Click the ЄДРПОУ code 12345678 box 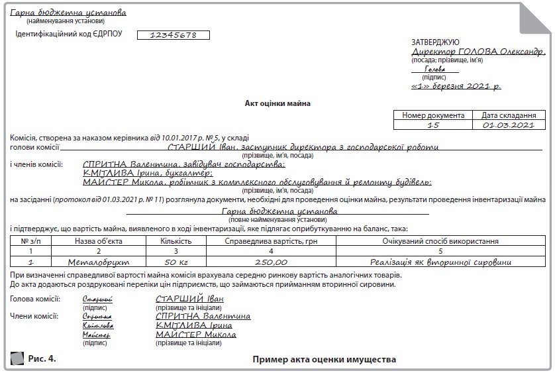point(173,35)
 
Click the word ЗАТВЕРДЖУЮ point(435,42)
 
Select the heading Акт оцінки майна point(277,103)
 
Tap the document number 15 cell point(433,125)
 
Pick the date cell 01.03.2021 point(508,125)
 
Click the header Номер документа point(433,115)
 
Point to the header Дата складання point(508,115)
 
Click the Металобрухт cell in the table point(98,262)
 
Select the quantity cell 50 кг point(176,262)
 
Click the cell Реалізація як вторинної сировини point(440,262)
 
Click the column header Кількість point(176,242)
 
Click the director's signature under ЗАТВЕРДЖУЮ point(435,70)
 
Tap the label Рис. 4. point(42,359)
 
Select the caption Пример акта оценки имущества point(324,360)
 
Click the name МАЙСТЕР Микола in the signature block point(195,335)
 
